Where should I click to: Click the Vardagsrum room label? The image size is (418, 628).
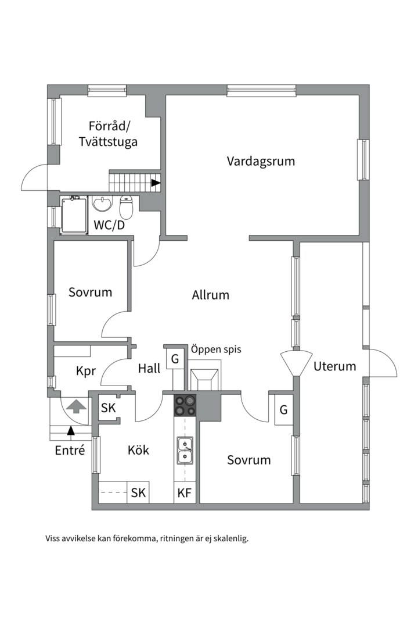pyautogui.click(x=261, y=161)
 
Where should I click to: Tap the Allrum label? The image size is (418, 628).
pyautogui.click(x=211, y=295)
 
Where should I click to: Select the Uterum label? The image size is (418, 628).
pyautogui.click(x=334, y=366)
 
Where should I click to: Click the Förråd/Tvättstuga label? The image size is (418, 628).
pyautogui.click(x=113, y=134)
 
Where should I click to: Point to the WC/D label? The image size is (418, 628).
pyautogui.click(x=109, y=225)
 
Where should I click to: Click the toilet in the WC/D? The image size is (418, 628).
pyautogui.click(x=127, y=206)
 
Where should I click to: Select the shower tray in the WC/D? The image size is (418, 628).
pyautogui.click(x=75, y=215)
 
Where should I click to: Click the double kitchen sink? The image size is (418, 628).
pyautogui.click(x=186, y=451)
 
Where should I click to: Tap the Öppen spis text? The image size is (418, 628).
pyautogui.click(x=215, y=349)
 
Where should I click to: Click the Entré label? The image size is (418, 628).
pyautogui.click(x=70, y=450)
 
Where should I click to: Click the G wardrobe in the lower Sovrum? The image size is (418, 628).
pyautogui.click(x=283, y=409)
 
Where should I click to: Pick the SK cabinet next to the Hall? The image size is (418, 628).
pyautogui.click(x=109, y=408)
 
